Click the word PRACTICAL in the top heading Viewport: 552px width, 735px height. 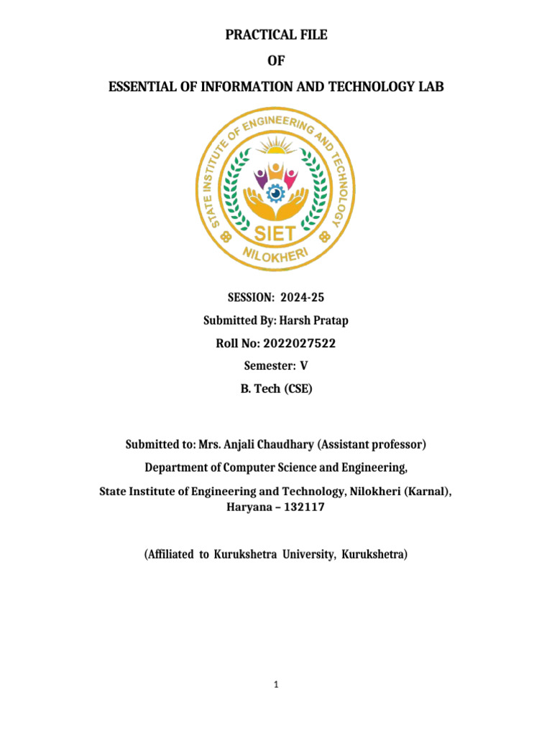tap(252, 35)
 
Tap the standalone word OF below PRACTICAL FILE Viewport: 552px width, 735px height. tap(276, 61)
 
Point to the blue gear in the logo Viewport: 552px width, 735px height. tap(275, 193)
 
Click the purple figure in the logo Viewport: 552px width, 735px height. tap(259, 176)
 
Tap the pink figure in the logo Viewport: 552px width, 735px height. tap(292, 176)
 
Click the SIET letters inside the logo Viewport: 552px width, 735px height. tap(275, 233)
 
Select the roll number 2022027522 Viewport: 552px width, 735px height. tap(298, 344)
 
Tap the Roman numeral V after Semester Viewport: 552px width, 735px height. tap(304, 366)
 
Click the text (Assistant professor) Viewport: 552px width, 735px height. tap(372, 445)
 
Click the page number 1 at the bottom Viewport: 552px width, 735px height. tap(276, 685)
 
